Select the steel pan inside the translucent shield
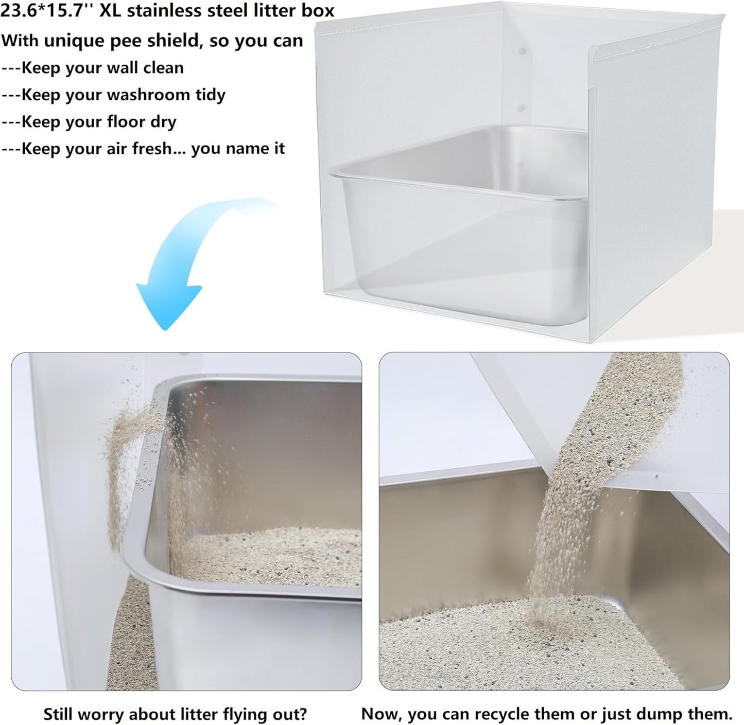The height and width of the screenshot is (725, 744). point(458,226)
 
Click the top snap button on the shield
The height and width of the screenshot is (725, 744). point(521,52)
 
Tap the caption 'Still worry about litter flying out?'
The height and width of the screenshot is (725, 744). point(175,714)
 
